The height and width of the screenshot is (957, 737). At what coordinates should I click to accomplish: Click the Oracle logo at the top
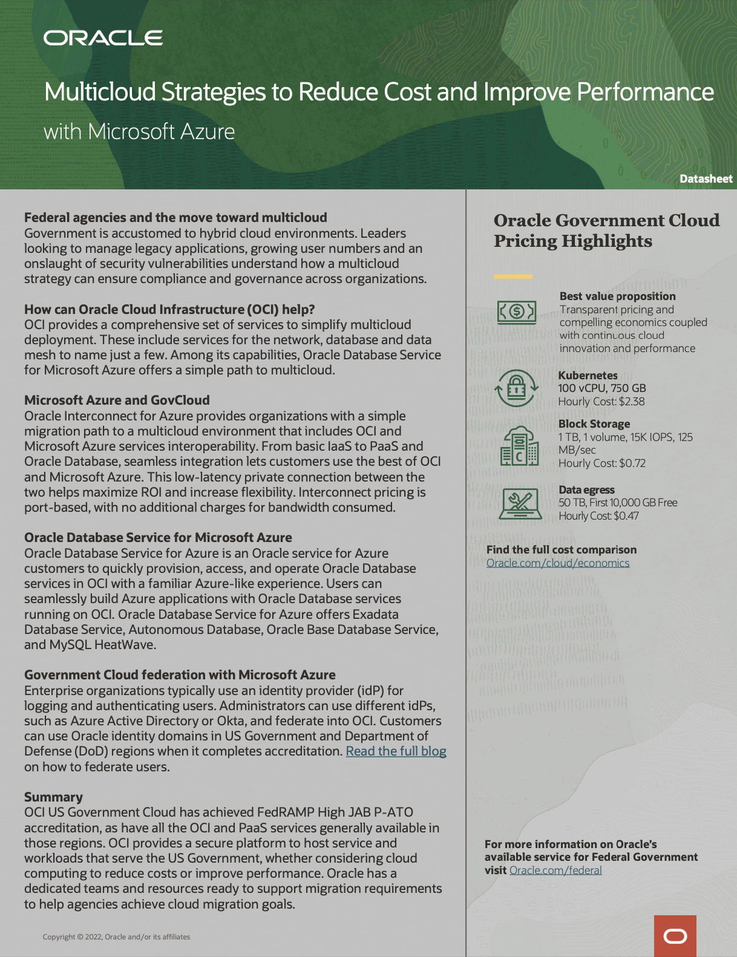click(103, 38)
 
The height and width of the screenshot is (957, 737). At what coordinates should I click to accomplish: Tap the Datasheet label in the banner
click(706, 179)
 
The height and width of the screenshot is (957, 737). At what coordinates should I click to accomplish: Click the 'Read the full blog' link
click(396, 751)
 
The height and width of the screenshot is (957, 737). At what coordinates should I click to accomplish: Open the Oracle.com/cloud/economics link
click(557, 563)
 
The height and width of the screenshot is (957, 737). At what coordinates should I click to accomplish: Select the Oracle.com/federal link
click(555, 870)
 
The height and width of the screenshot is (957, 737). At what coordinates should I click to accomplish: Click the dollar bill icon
click(516, 312)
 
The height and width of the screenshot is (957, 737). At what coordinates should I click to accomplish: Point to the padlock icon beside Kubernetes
click(516, 388)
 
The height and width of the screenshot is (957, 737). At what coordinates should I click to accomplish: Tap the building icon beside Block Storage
click(519, 446)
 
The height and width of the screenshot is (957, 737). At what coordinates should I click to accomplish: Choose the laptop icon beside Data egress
click(520, 503)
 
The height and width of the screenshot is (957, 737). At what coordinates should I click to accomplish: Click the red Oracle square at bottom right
click(675, 936)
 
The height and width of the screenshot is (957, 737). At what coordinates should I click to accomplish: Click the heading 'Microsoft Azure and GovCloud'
click(117, 400)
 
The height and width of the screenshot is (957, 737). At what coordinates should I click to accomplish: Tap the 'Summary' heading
click(53, 797)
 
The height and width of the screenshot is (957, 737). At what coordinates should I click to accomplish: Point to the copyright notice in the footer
click(116, 937)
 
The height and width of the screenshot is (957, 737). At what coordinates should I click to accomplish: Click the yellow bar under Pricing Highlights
click(513, 276)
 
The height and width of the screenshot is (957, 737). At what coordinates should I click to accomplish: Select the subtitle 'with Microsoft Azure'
click(139, 132)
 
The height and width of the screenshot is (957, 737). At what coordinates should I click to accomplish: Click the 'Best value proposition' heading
click(617, 296)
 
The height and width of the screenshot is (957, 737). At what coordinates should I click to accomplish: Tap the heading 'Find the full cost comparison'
click(561, 550)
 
